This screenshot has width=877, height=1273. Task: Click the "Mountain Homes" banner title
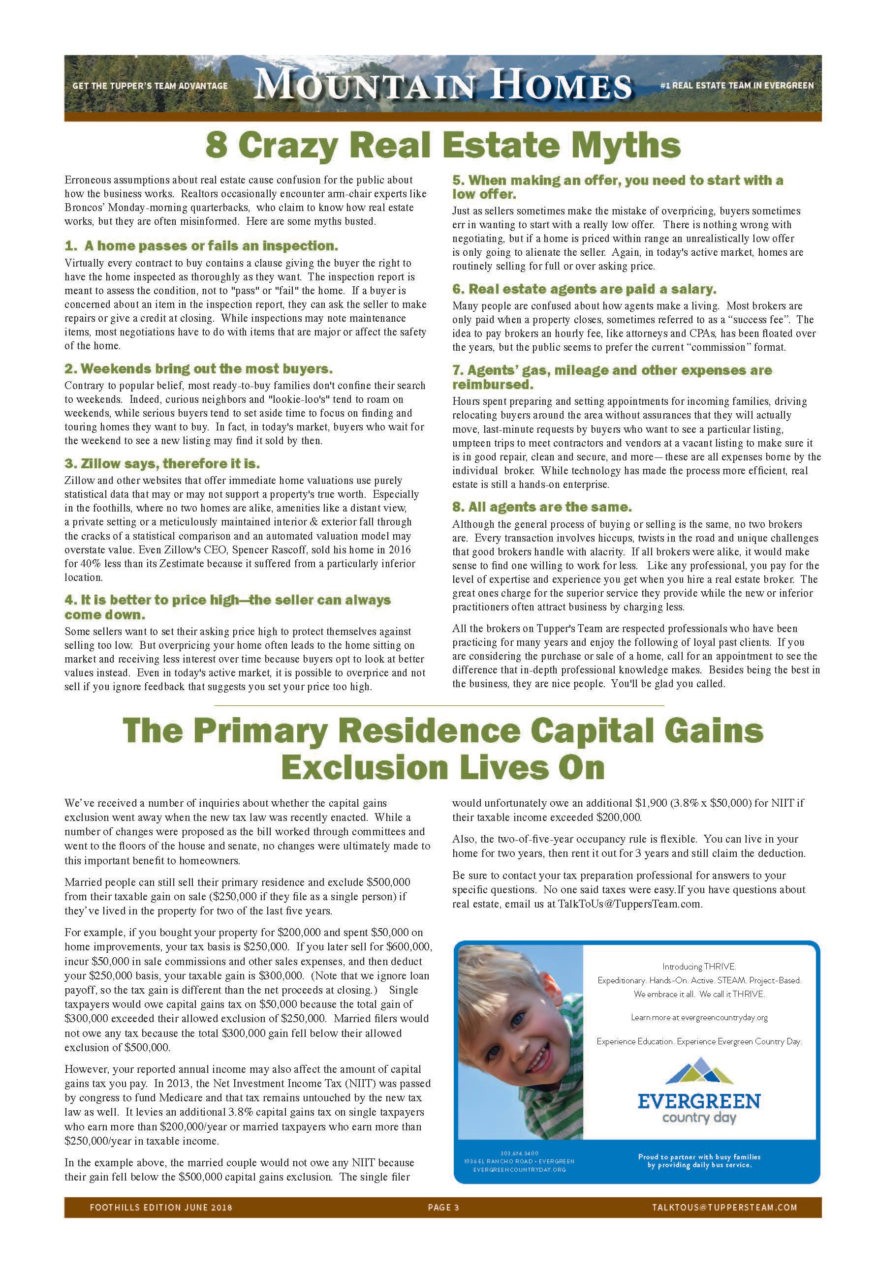443,86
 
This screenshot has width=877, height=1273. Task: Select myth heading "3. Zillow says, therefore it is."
162,463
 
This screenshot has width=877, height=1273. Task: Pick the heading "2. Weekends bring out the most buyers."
198,368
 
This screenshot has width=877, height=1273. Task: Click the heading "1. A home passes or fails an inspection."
201,245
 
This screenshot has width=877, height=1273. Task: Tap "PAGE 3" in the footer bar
443,1207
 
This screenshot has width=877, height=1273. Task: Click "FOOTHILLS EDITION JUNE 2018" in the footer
161,1207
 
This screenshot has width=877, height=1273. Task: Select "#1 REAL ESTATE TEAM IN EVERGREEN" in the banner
736,86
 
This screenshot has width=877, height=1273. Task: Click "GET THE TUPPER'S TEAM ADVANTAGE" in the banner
150,86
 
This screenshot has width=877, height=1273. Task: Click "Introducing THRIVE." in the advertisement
698,966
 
